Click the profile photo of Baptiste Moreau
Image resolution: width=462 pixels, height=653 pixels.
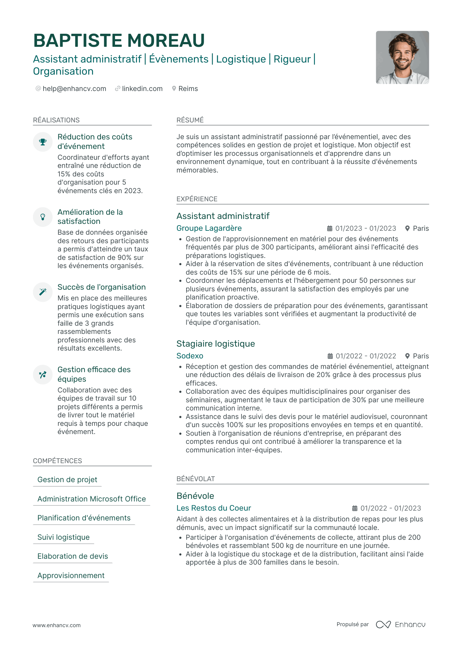[x=402, y=57]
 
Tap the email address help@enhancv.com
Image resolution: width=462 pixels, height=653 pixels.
[x=74, y=89]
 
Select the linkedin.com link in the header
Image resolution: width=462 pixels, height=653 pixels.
[x=142, y=89]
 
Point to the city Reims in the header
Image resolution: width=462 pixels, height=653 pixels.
[x=188, y=89]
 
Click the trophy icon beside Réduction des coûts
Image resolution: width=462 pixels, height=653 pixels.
[x=43, y=142]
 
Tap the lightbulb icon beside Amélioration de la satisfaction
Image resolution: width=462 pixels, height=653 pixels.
[x=43, y=217]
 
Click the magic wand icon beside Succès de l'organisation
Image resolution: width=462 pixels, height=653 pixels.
[x=43, y=292]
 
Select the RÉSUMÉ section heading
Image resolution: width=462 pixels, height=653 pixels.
[x=190, y=120]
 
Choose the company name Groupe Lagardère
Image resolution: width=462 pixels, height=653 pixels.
[x=209, y=228]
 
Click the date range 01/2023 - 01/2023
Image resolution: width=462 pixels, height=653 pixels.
[x=365, y=228]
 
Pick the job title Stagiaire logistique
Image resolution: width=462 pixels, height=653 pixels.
[x=216, y=344]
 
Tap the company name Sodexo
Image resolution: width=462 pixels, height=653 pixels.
[x=190, y=356]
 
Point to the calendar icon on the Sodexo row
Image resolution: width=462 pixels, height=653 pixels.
[x=330, y=356]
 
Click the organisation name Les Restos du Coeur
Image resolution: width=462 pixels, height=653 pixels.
[x=214, y=508]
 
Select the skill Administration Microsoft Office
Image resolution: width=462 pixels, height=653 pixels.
[x=92, y=499]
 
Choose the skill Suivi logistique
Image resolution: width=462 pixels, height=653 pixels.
[x=64, y=537]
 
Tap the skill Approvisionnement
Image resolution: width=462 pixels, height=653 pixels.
[x=71, y=575]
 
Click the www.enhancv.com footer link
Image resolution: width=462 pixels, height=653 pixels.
[x=56, y=625]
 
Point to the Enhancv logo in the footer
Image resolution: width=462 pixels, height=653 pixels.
[x=400, y=625]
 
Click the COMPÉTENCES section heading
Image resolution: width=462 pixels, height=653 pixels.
[x=58, y=461]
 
